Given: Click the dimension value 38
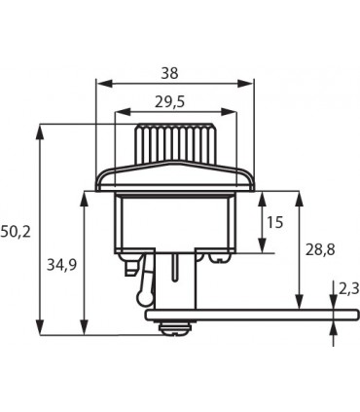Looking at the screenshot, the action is coord(170,73).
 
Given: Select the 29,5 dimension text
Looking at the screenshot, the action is coord(169,102).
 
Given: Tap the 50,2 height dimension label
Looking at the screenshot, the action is coord(16,232).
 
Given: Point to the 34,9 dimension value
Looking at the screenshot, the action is coord(61,265).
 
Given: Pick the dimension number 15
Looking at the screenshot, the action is coord(274,222).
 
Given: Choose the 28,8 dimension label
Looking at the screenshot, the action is coord(320,250).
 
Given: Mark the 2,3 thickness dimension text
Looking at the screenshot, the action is coord(349,288).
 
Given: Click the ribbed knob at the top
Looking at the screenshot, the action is coord(175,143).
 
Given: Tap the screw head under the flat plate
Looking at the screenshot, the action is coord(175,328).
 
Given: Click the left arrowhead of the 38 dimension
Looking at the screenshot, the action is coord(104,84).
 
